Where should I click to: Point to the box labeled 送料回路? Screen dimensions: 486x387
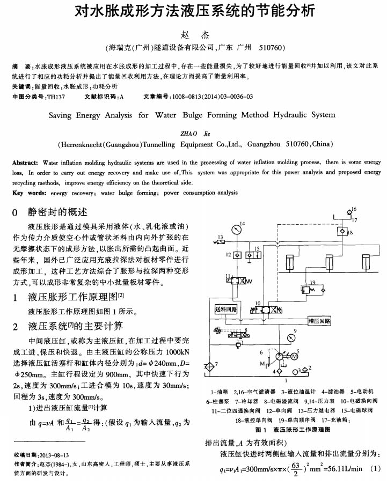[x=225, y=309]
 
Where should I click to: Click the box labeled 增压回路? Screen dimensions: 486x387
[x=319, y=321]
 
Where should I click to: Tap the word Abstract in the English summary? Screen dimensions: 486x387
[x=25, y=162]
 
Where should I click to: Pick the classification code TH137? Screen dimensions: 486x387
[x=56, y=97]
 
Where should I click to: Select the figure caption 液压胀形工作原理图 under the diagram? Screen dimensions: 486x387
[x=302, y=430]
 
